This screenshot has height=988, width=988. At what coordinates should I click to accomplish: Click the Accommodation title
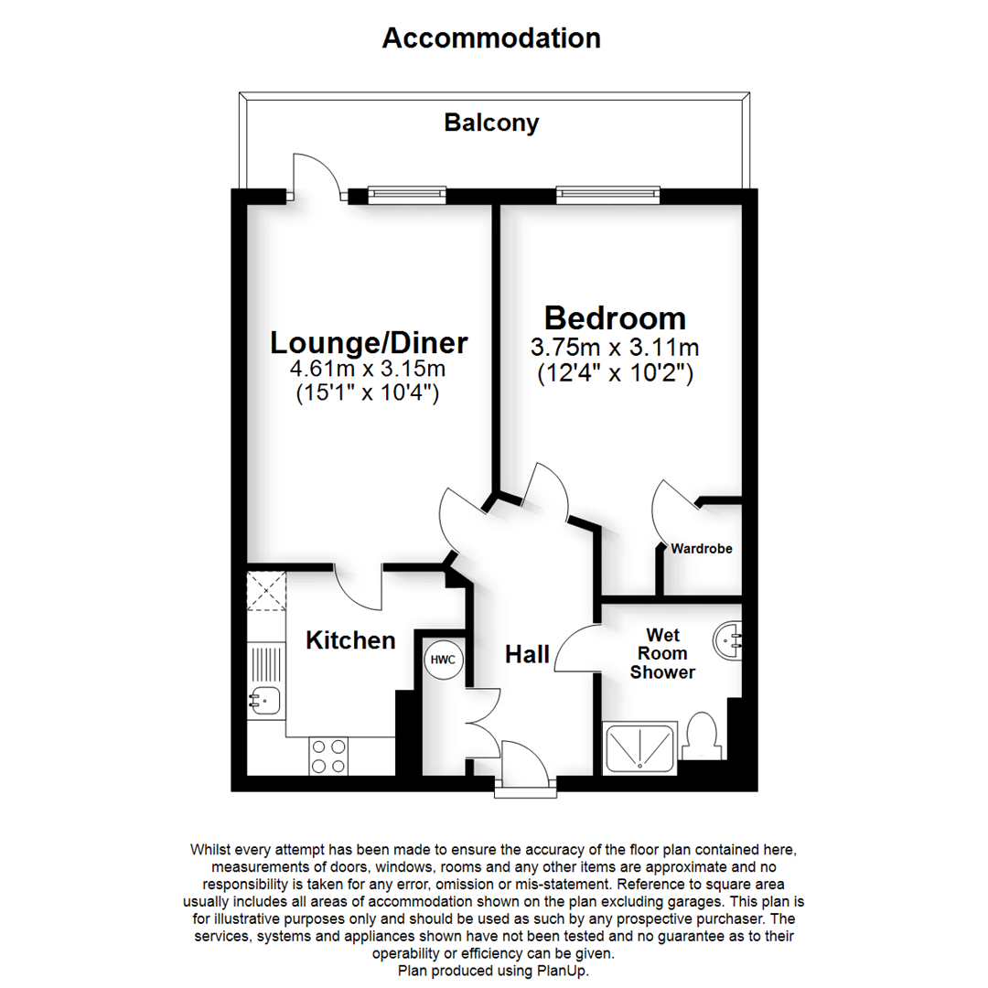(491, 38)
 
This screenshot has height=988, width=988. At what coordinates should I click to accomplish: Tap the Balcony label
(491, 123)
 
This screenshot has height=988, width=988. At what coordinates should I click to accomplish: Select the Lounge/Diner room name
(369, 343)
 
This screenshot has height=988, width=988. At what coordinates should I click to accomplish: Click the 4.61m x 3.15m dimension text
(369, 370)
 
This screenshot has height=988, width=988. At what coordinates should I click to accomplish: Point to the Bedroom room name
(615, 318)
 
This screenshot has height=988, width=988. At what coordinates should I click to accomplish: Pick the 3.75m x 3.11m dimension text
(615, 349)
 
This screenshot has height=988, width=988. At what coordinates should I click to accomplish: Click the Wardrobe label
(702, 550)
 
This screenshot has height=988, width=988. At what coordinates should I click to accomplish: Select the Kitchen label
(350, 640)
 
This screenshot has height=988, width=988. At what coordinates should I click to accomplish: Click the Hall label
(528, 655)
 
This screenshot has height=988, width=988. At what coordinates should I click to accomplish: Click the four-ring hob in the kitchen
(328, 757)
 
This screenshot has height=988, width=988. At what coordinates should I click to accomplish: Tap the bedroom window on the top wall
(607, 194)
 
